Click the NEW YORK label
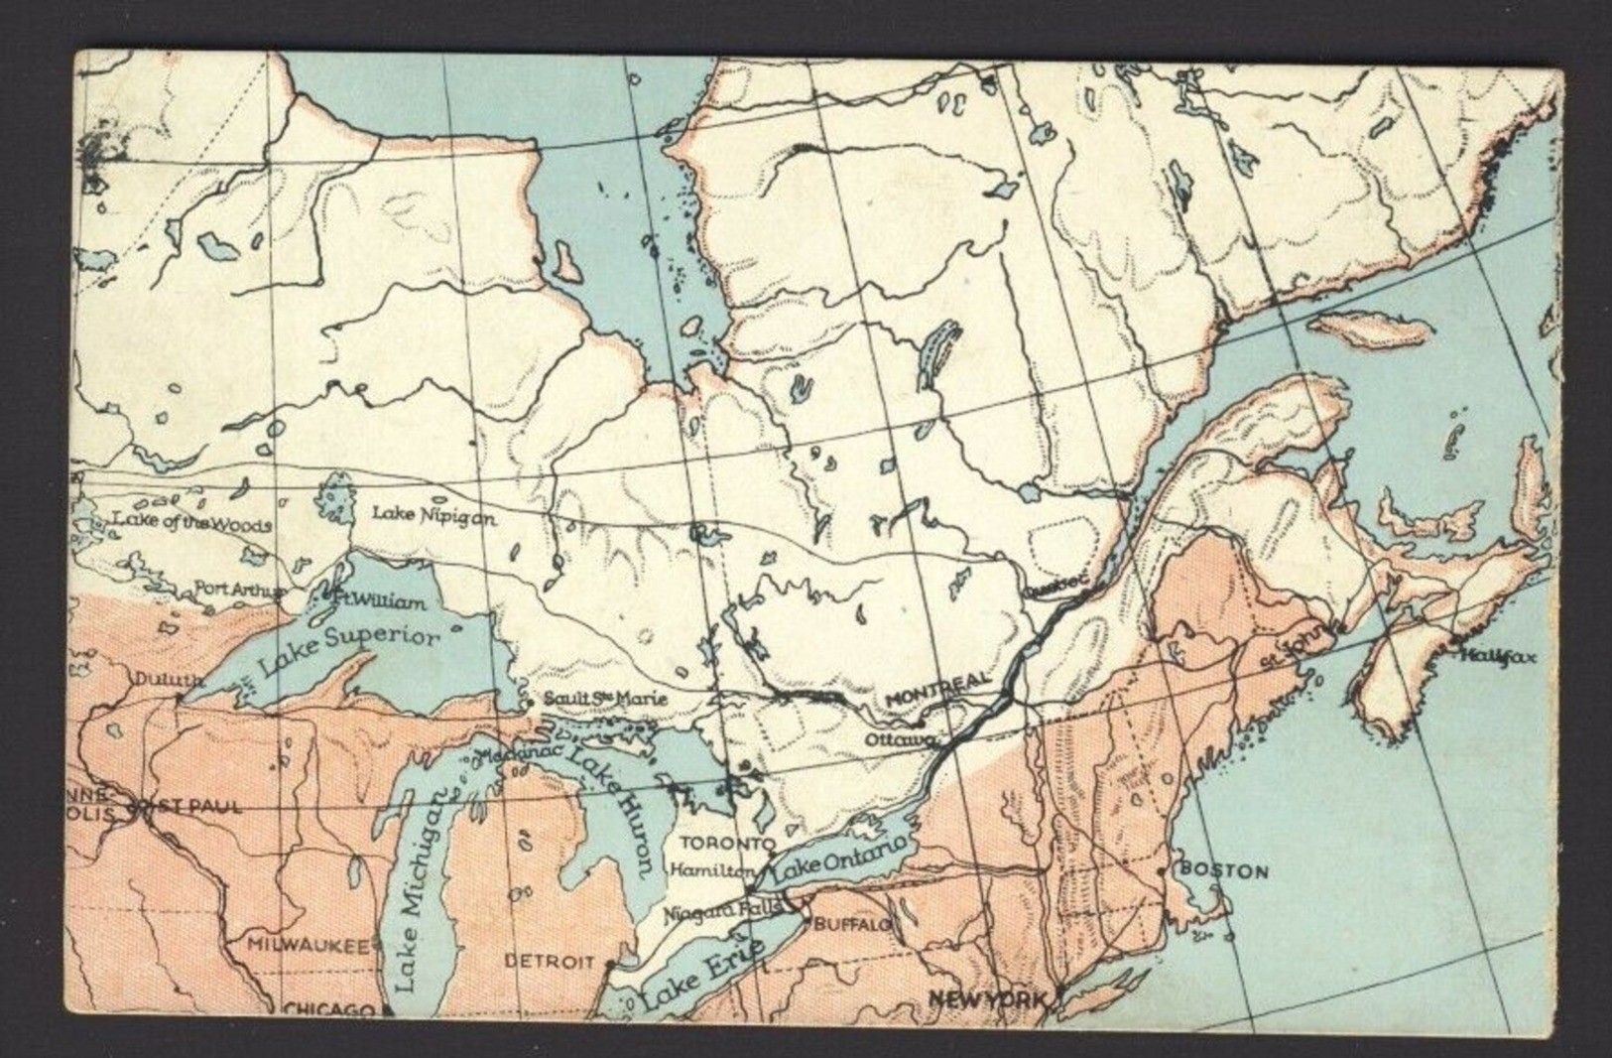click(x=987, y=998)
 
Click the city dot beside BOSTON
click(x=1163, y=870)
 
